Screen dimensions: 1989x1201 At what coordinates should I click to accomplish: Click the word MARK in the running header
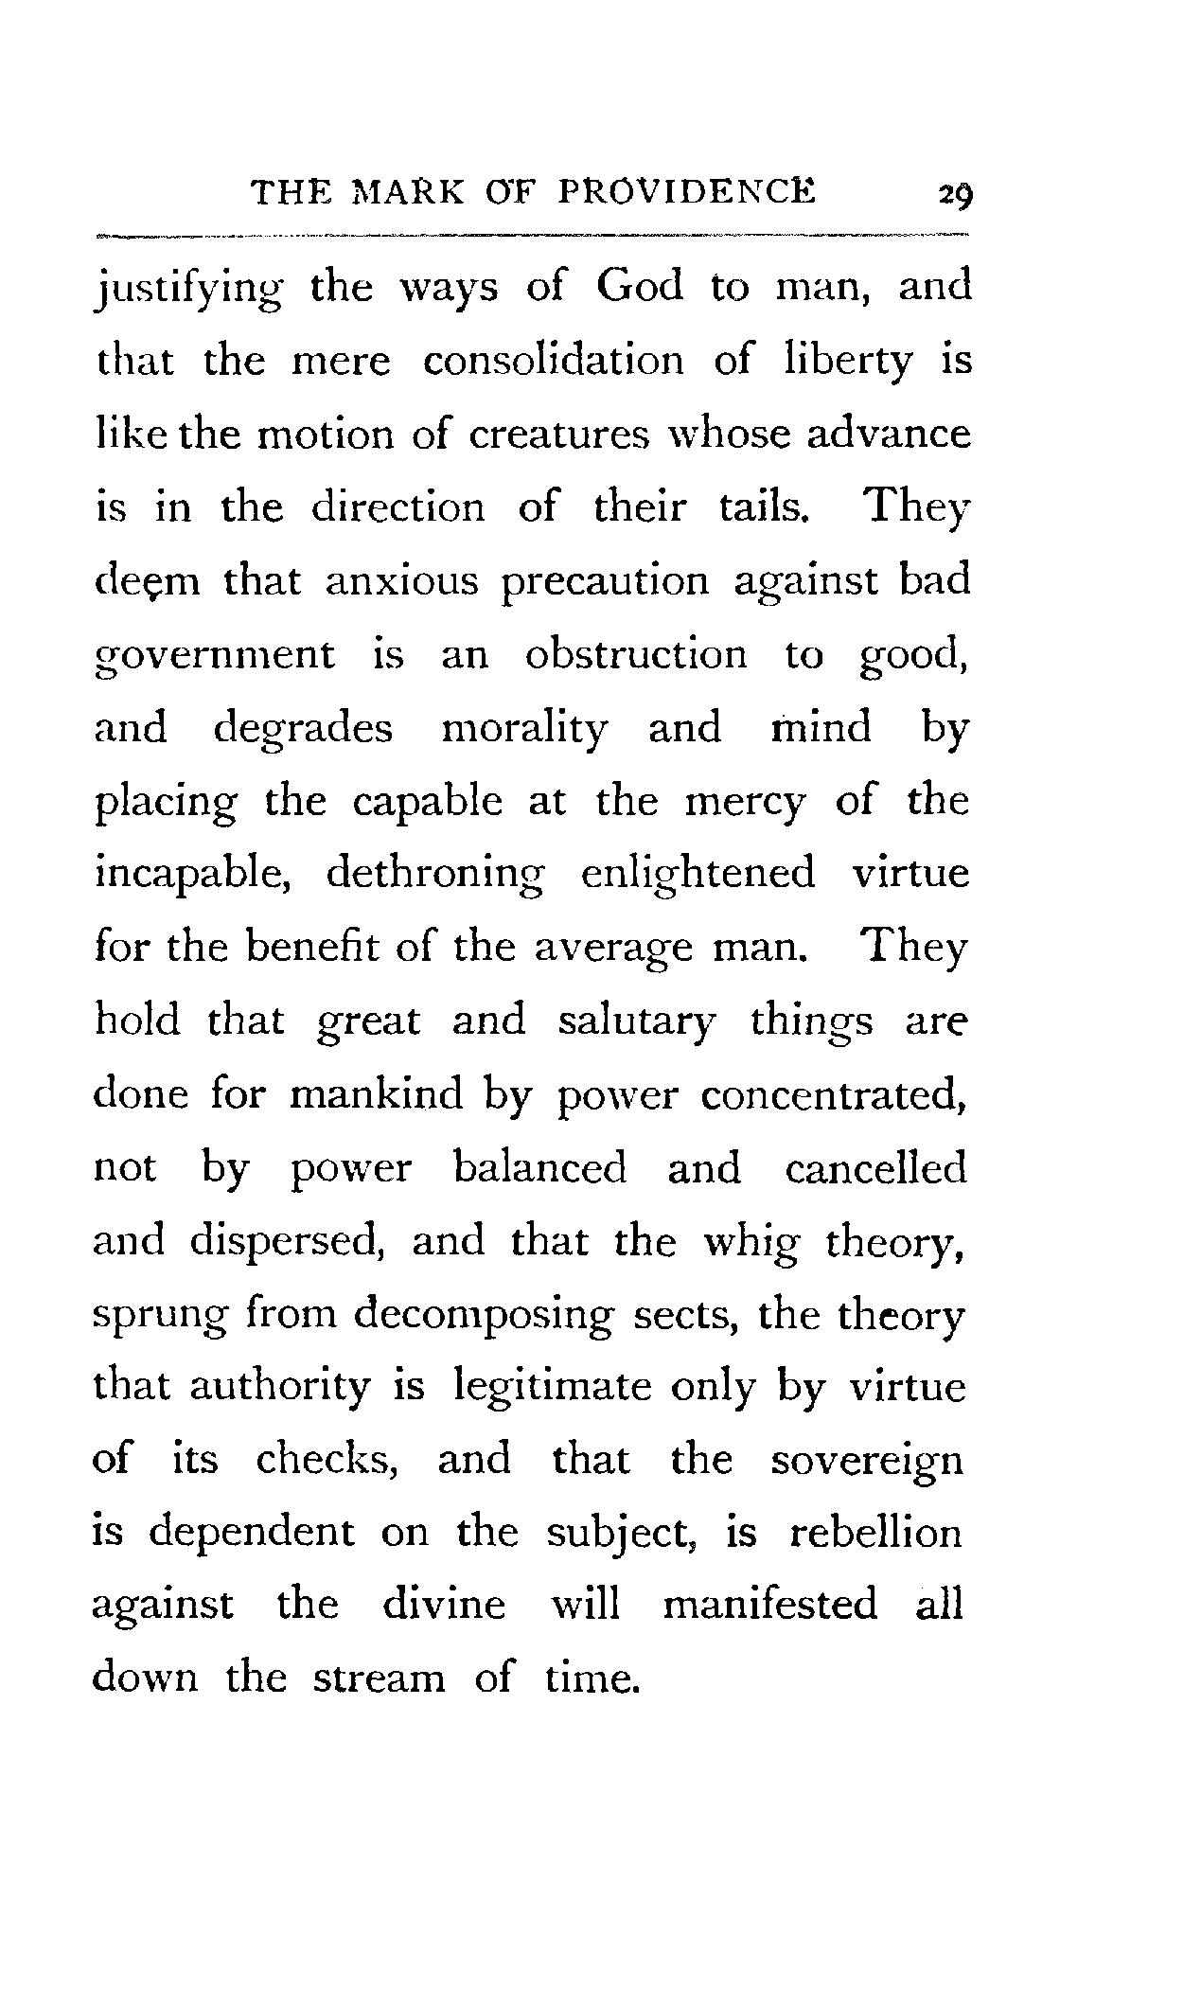[x=412, y=193]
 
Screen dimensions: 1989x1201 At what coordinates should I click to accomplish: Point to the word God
[x=639, y=286]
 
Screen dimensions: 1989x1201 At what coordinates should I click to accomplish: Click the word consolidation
[x=553, y=361]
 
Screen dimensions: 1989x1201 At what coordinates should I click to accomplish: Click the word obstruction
[x=635, y=654]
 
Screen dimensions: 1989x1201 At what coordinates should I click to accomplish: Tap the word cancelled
[x=875, y=1168]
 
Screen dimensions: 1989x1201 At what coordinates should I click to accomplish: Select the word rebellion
[x=874, y=1533]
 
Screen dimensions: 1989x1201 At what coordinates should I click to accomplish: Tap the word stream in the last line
[x=378, y=1678]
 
